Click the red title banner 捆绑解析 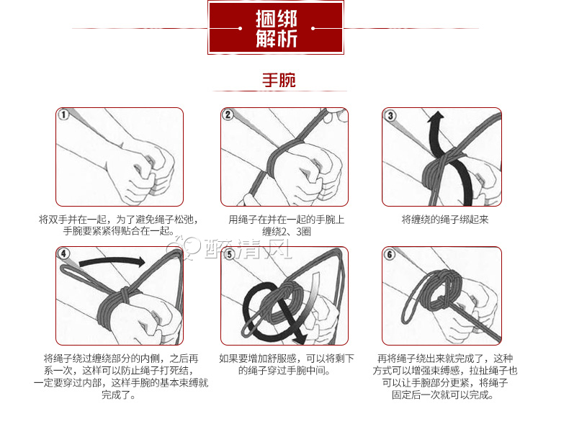[277, 27]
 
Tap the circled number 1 [64, 115]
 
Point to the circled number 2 [228, 115]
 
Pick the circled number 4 [64, 254]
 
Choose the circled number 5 [229, 254]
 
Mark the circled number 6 [390, 254]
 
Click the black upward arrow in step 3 [434, 137]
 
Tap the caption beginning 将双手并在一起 [119, 225]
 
